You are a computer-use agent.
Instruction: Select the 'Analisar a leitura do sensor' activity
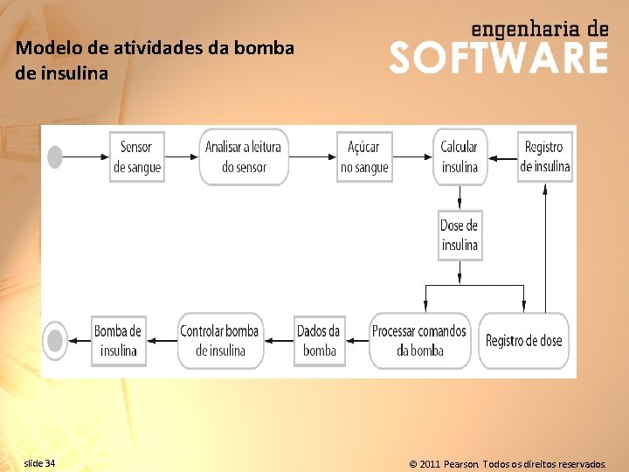pyautogui.click(x=244, y=156)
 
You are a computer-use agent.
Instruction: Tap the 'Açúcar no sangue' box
pyautogui.click(x=364, y=156)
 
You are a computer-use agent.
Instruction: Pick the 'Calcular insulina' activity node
pyautogui.click(x=460, y=156)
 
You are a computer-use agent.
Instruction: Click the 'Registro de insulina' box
pyautogui.click(x=544, y=156)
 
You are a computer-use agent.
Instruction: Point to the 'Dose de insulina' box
pyautogui.click(x=460, y=235)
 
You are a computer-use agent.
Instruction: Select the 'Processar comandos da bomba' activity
pyautogui.click(x=419, y=341)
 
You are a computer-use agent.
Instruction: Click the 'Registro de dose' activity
pyautogui.click(x=524, y=341)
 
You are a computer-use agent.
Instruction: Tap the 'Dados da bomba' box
pyautogui.click(x=319, y=341)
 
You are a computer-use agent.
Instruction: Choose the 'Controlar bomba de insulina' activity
pyautogui.click(x=219, y=341)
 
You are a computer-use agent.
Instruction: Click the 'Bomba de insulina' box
pyautogui.click(x=118, y=341)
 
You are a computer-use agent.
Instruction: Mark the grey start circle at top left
pyautogui.click(x=55, y=157)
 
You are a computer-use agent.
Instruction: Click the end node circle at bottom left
pyautogui.click(x=55, y=341)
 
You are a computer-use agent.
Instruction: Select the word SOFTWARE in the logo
pyautogui.click(x=498, y=58)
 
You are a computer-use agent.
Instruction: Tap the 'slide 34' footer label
pyautogui.click(x=39, y=462)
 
